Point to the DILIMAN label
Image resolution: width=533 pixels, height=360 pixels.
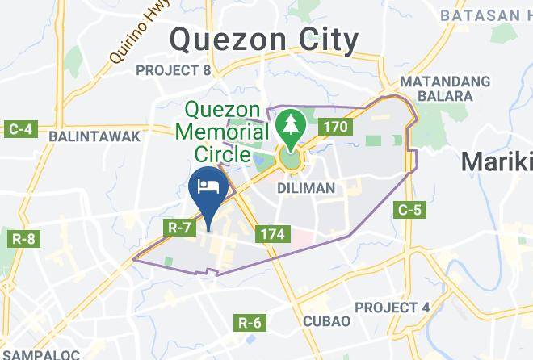[x=305, y=187]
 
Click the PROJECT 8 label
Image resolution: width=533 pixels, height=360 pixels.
[x=173, y=70]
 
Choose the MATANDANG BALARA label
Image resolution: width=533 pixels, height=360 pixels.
[x=445, y=89]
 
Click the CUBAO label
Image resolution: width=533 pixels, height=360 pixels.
[x=326, y=320]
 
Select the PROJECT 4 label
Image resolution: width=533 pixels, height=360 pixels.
[x=392, y=308]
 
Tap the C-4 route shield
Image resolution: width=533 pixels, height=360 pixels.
[x=18, y=128]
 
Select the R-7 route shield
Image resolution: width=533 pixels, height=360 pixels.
[x=179, y=228]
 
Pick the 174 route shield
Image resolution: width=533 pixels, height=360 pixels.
[x=270, y=234]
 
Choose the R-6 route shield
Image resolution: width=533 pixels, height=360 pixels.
[x=250, y=323]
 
